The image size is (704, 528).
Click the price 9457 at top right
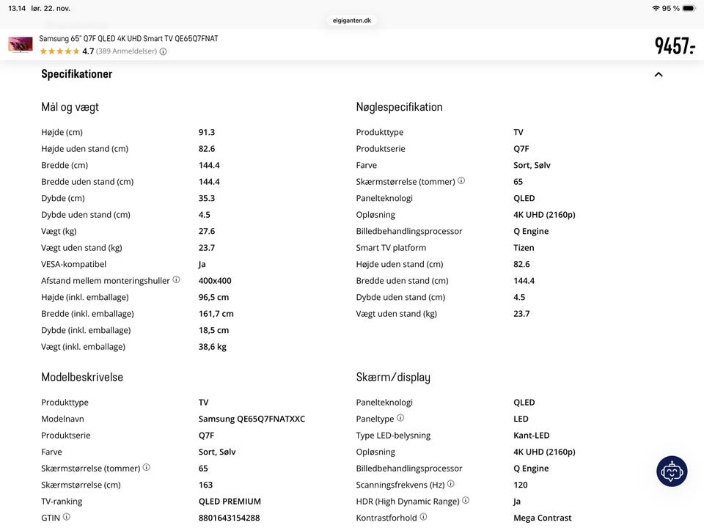674,45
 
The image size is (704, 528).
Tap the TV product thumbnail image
21,45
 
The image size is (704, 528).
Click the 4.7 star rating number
88,51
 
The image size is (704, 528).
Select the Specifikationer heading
77,74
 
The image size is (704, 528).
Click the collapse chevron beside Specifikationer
659,74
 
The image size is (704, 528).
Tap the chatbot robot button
672,472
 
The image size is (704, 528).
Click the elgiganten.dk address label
352,21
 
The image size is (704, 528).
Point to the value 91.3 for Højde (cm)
207,132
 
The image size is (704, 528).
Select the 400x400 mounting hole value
215,281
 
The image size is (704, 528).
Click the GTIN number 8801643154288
229,518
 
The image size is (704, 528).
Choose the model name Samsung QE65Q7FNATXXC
252,419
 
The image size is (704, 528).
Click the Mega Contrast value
543,518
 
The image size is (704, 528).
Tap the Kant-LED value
532,436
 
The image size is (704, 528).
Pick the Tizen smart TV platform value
524,248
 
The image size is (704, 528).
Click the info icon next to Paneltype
400,418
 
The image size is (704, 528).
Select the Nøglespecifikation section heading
400,107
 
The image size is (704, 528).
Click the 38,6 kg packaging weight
213,347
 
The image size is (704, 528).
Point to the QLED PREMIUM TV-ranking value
230,502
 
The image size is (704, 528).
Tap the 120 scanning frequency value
521,485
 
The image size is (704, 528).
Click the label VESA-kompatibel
74,264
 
